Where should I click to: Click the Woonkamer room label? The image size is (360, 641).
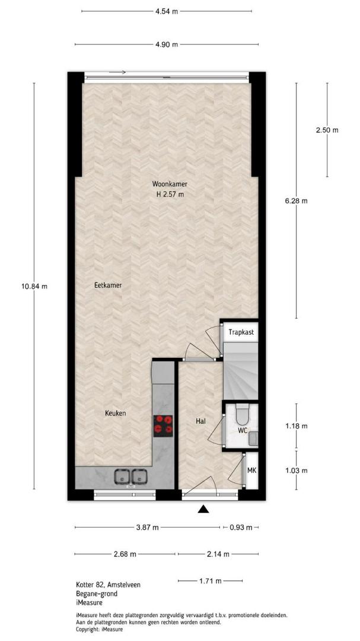point(170,184)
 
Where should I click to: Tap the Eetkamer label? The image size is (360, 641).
point(108,285)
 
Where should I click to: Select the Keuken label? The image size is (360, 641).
point(115,413)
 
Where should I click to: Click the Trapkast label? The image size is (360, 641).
point(241,332)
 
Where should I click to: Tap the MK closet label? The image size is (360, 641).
point(251,471)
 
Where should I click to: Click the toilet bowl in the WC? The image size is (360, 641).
point(243,414)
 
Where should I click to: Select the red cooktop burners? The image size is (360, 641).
point(163,426)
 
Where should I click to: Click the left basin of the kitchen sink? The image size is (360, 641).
point(122,476)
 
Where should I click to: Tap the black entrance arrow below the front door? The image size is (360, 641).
point(203,509)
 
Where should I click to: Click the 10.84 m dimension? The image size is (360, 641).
point(34,286)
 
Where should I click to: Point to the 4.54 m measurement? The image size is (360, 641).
point(167,11)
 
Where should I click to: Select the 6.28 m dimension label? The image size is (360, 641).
point(297,201)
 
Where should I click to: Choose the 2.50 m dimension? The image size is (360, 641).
point(327,131)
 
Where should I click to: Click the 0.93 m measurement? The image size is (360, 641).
point(241,528)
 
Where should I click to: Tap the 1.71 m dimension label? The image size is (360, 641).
point(210,580)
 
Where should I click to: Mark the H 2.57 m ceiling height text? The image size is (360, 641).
point(170,195)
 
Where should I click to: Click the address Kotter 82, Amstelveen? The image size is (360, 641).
point(109,585)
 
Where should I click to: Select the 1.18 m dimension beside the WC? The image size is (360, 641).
point(297,426)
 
